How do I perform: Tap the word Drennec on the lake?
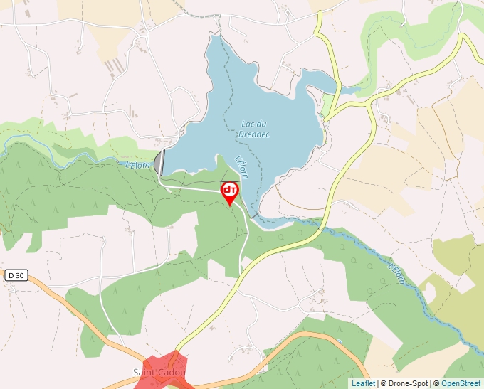pyautogui.click(x=254, y=134)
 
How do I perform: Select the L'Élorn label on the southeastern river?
pyautogui.click(x=397, y=274)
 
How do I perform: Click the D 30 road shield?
pyautogui.click(x=15, y=275)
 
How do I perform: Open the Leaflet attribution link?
pyautogui.click(x=363, y=383)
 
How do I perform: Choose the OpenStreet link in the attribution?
pyautogui.click(x=461, y=383)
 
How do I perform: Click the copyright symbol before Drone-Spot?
pyautogui.click(x=384, y=383)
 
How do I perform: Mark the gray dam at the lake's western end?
pyautogui.click(x=159, y=161)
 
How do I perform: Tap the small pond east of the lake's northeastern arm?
pyautogui.click(x=349, y=90)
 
